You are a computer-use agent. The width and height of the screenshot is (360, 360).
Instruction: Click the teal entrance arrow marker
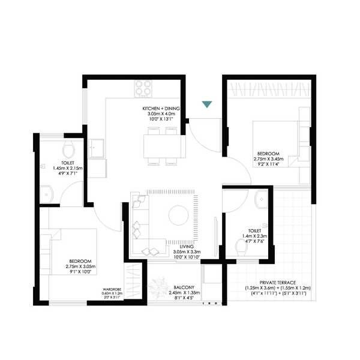pos(207,105)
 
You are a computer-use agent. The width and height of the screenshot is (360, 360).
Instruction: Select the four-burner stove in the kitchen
pos(142,89)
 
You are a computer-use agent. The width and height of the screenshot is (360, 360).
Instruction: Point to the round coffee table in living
pos(178,214)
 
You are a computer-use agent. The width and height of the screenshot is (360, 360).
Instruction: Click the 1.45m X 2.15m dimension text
pos(67,169)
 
